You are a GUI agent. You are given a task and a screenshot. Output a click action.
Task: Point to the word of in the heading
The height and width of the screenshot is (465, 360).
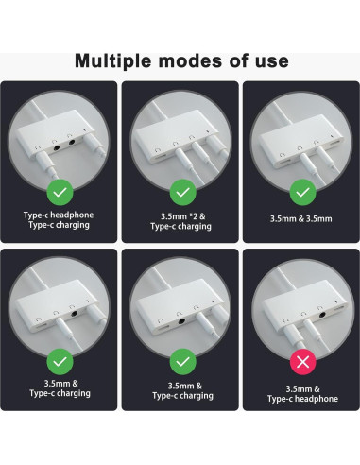click(236, 61)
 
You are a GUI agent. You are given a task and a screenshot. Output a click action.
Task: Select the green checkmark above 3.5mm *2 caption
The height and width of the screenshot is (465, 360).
click(180, 193)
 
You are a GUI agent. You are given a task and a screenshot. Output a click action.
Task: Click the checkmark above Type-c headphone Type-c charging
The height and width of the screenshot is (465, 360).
click(60, 193)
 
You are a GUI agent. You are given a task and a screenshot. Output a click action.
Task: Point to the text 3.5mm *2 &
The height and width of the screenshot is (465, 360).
click(180, 215)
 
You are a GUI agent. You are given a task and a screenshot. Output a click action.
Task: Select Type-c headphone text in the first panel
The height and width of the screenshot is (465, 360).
click(60, 215)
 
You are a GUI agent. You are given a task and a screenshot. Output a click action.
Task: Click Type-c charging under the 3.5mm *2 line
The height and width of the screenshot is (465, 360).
click(180, 227)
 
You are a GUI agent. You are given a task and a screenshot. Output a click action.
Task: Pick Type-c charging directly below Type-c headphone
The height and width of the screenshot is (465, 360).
click(60, 227)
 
